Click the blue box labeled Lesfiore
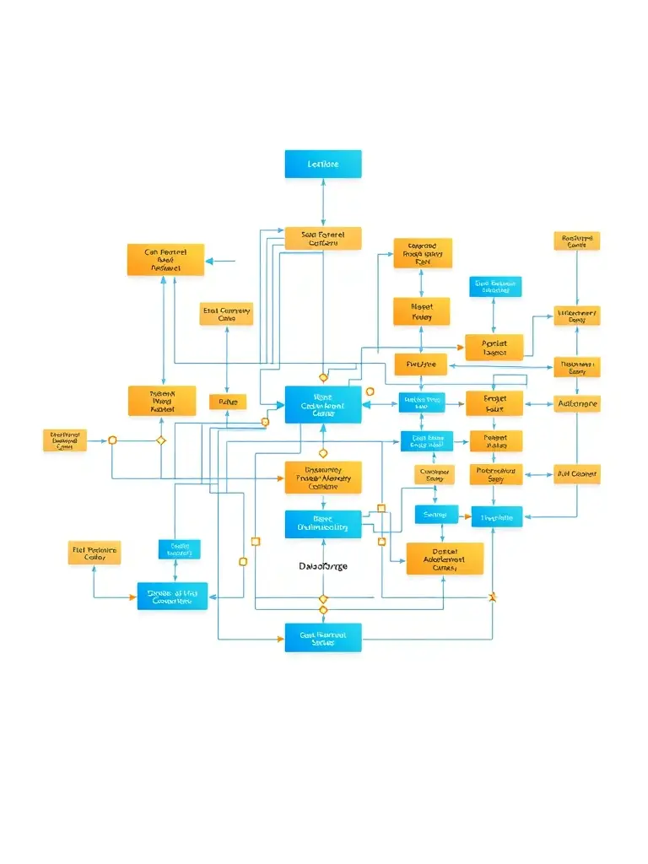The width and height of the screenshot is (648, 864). point(323,164)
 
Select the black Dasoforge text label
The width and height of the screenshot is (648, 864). point(323,566)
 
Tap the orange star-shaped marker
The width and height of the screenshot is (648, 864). point(494,597)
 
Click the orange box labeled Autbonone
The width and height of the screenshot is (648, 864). point(577,404)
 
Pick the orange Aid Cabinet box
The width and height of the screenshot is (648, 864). point(577,473)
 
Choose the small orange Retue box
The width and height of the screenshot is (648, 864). point(228,402)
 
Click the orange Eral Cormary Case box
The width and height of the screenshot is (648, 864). point(226,314)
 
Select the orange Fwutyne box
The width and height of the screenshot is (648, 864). point(420,364)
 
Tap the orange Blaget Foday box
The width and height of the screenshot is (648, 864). point(421,311)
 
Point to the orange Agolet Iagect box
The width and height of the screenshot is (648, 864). point(494,348)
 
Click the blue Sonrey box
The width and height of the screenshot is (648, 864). point(436,514)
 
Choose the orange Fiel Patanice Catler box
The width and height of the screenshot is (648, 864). point(94,553)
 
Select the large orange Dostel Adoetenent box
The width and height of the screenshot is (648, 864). point(445,559)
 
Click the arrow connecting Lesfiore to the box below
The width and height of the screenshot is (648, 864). point(323,202)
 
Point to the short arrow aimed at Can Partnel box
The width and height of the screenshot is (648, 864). point(220,262)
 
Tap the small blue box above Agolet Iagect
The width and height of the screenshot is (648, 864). point(495,287)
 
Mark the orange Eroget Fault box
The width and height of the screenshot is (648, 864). point(494,403)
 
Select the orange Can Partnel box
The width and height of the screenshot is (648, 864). point(165,260)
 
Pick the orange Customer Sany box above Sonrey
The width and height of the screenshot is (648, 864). point(435,474)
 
